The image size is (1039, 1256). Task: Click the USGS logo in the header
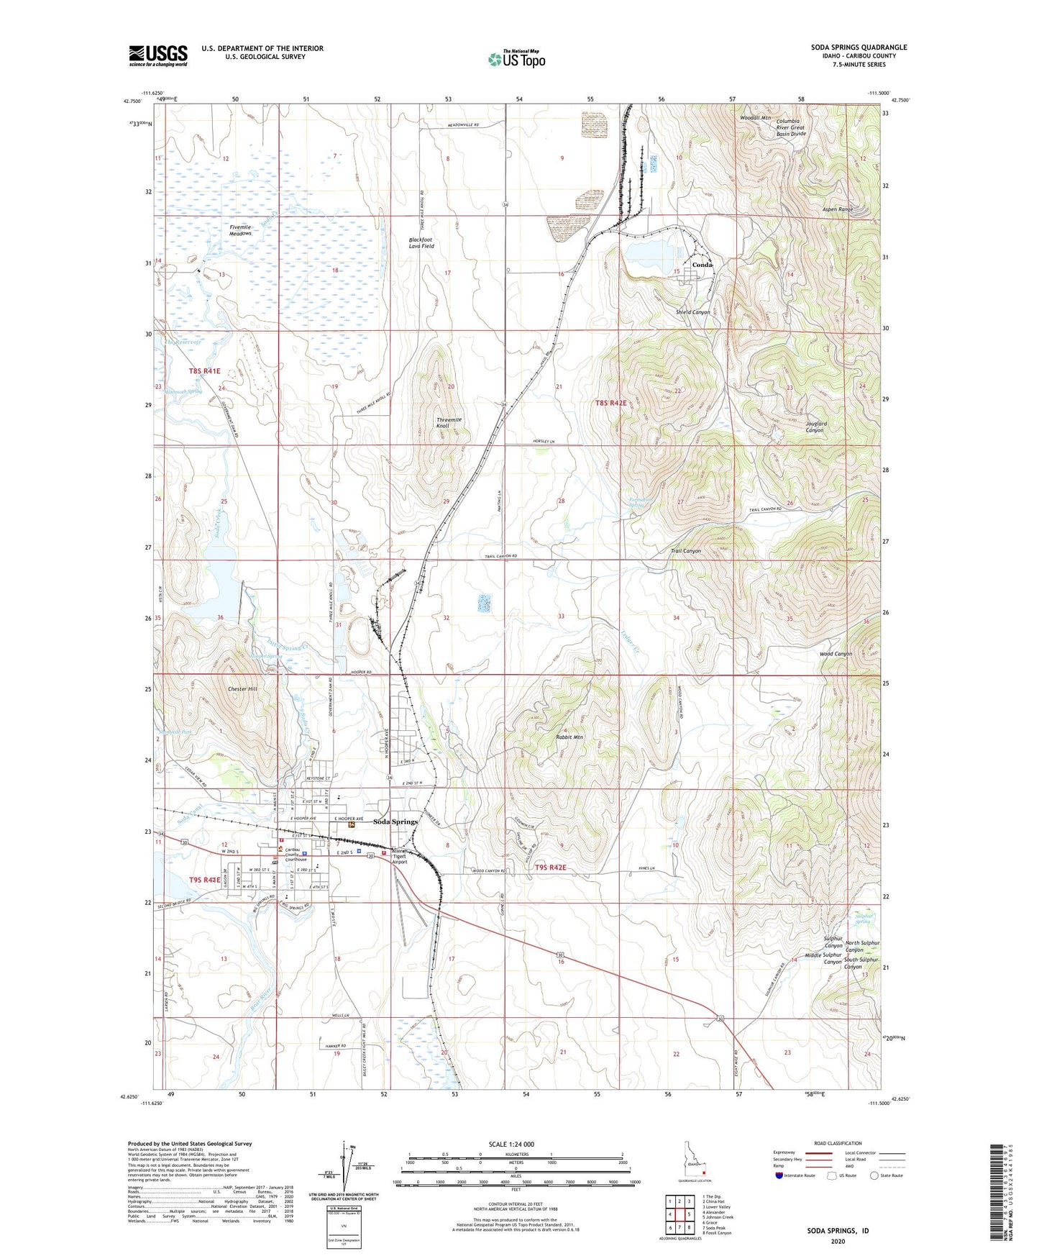pos(158,55)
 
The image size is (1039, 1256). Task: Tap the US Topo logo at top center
pos(516,59)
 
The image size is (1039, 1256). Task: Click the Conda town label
pos(702,265)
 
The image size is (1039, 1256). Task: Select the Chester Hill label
pos(242,689)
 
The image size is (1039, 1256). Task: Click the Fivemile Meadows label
pos(240,230)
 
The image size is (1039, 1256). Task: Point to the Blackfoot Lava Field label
pos(421,243)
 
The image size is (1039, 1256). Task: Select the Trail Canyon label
pos(685,551)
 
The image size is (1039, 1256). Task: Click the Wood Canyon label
pos(836,654)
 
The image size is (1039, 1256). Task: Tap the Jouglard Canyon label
pos(814,427)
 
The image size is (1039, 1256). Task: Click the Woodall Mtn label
pos(755,117)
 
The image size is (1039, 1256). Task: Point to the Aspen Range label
pos(837,209)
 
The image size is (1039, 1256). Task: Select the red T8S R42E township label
pos(611,404)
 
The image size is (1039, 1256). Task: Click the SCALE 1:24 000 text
pos(511,1144)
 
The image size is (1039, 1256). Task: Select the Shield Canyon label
pos(692,312)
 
